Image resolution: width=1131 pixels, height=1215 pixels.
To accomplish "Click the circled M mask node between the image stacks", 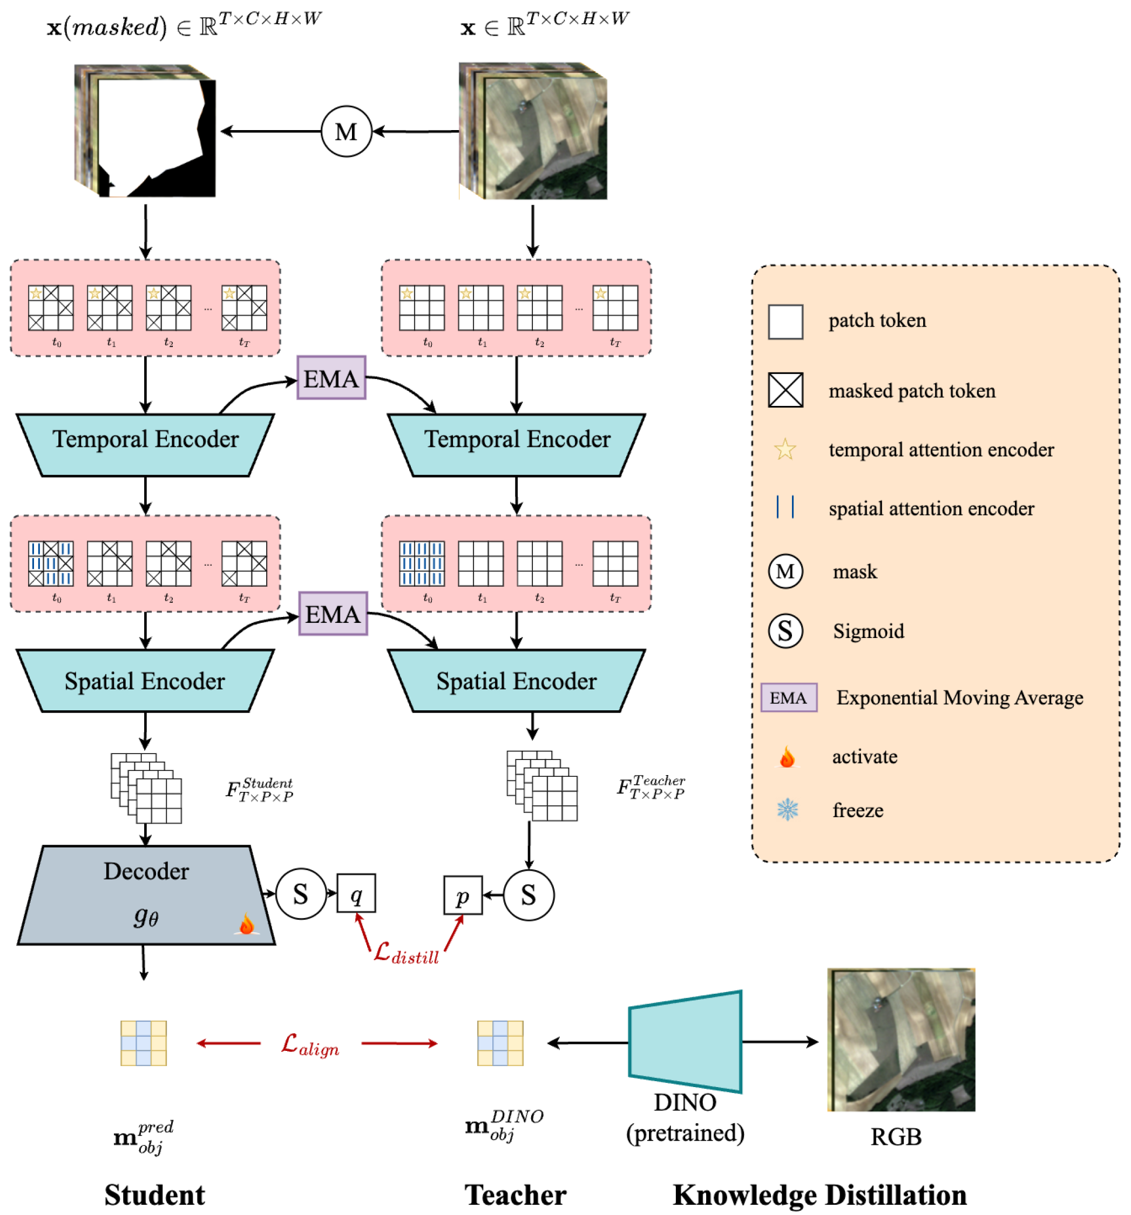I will (x=346, y=131).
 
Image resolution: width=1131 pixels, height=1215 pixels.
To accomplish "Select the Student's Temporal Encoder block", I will (x=145, y=444).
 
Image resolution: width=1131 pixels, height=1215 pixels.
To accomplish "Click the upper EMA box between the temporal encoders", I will (x=331, y=378).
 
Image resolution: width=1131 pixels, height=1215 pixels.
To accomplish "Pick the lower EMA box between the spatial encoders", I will (x=333, y=613).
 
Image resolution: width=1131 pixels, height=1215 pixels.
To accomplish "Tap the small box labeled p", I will (x=462, y=895).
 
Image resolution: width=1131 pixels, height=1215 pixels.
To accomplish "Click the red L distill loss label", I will (x=406, y=952).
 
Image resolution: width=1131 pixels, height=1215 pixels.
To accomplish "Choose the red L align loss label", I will (x=309, y=1044).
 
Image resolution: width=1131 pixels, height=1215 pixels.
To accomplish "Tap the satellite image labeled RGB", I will (x=900, y=1039).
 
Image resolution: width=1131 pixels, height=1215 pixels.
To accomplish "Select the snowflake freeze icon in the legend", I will (x=787, y=809).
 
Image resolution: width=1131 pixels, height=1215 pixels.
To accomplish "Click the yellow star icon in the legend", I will (x=784, y=449).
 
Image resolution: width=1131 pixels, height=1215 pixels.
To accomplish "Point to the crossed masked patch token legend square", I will (x=785, y=389).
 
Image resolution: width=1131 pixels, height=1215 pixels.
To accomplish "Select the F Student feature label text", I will (x=260, y=789).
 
